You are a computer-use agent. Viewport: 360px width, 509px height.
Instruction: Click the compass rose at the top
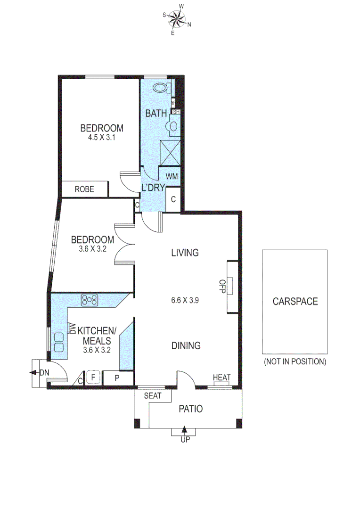(x=178, y=19)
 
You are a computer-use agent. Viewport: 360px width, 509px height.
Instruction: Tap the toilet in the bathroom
(x=161, y=88)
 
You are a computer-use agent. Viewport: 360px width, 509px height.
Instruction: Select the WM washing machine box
(x=171, y=176)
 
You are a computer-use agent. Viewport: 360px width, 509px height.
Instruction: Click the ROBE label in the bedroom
(x=84, y=189)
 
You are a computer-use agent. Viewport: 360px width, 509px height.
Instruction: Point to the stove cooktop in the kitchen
(x=90, y=299)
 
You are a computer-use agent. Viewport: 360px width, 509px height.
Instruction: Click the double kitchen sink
(x=59, y=342)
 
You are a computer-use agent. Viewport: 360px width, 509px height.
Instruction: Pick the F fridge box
(x=93, y=377)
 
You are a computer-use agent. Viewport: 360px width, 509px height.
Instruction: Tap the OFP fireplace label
(x=220, y=287)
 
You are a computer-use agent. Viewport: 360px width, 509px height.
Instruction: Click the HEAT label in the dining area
(x=221, y=378)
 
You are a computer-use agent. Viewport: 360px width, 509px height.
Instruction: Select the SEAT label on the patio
(x=152, y=396)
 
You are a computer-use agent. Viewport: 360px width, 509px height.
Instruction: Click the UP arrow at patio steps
(x=184, y=430)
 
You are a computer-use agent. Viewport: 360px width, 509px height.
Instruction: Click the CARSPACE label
(x=295, y=302)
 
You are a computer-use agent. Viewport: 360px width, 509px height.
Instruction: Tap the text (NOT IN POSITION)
(x=295, y=362)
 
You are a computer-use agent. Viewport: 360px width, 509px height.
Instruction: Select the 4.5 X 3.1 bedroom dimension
(x=101, y=138)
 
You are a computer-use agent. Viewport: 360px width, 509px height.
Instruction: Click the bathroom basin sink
(x=173, y=126)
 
